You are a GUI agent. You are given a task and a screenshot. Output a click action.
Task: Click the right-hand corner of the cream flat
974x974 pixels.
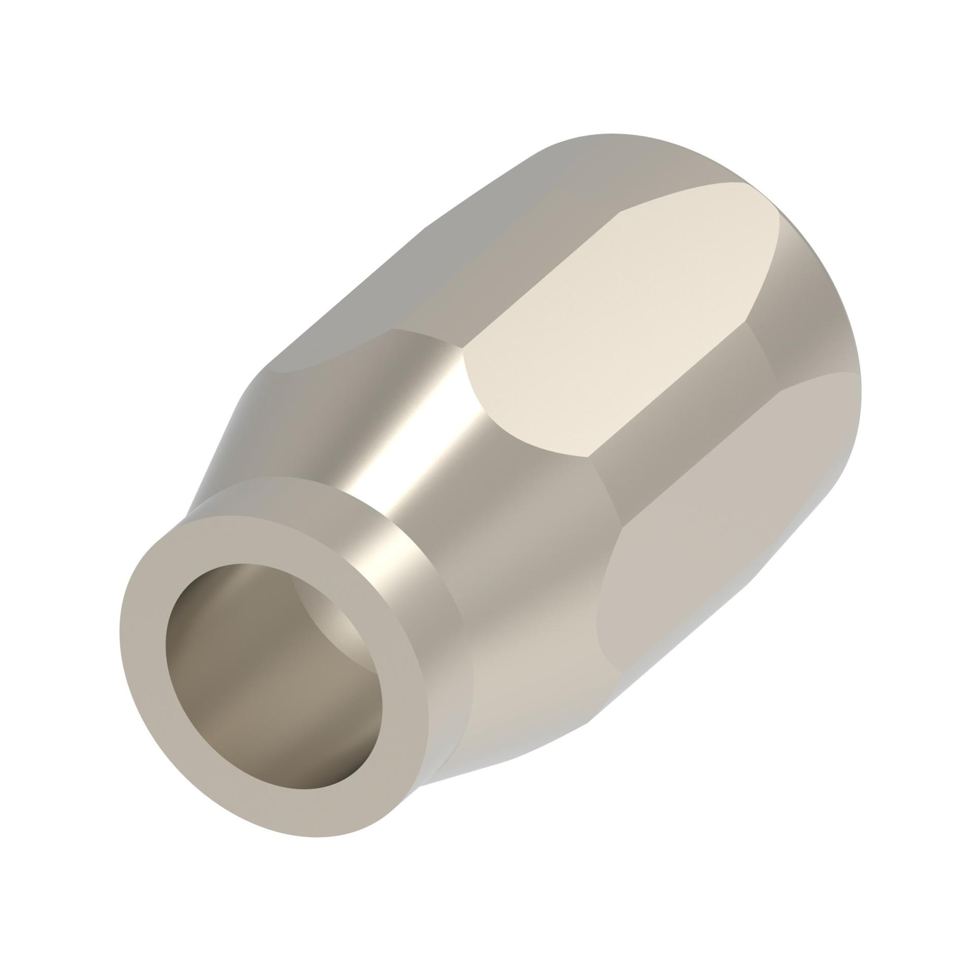pyautogui.click(x=746, y=320)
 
